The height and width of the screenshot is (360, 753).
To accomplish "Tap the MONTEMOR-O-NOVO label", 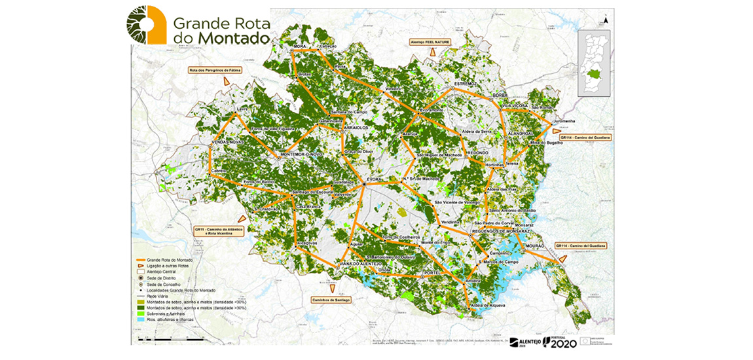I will pyautogui.click(x=297, y=154).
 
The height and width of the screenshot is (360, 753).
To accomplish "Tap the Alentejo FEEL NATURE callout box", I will pyautogui.click(x=431, y=41).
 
